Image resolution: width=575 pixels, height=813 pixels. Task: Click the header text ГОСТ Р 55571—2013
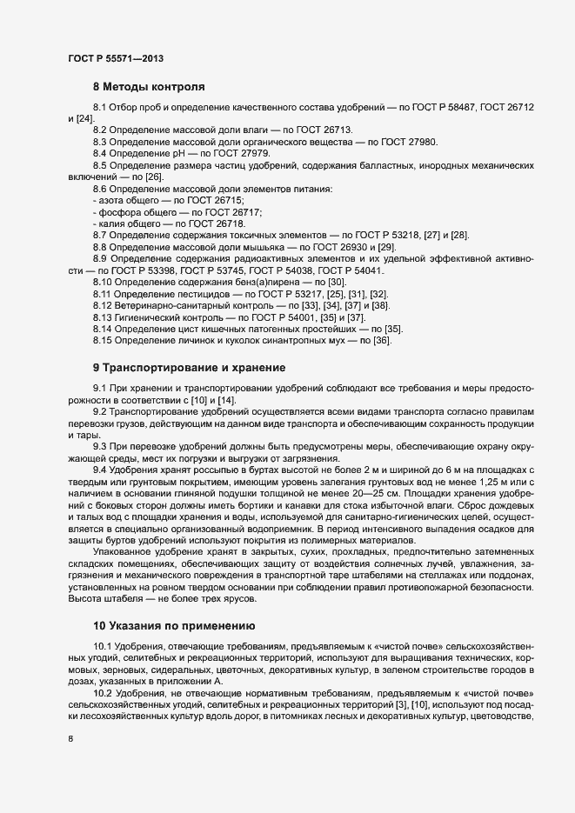pos(116,58)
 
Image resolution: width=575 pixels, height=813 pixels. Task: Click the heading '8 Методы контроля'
pos(149,87)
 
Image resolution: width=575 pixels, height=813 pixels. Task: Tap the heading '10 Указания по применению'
pos(174,625)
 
